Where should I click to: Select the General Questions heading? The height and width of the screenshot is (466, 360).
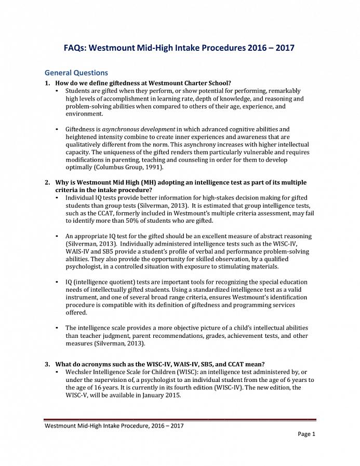point(76,73)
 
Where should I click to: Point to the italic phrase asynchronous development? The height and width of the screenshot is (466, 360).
point(139,129)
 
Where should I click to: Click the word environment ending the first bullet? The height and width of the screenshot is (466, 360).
point(84,114)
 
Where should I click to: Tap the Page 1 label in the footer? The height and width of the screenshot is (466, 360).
point(306,434)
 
